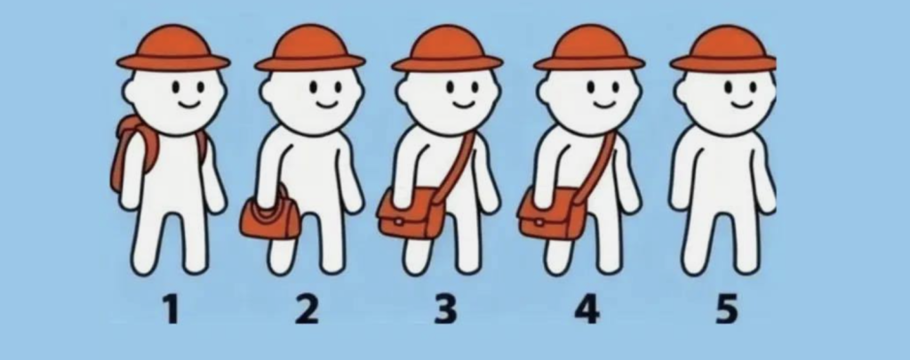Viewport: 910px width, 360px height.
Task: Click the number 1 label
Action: click(x=171, y=309)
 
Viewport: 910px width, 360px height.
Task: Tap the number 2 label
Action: click(x=307, y=309)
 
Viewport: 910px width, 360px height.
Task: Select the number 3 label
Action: click(x=445, y=309)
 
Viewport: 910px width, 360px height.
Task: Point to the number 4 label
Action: click(x=587, y=309)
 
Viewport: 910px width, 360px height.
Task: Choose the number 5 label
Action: click(x=727, y=309)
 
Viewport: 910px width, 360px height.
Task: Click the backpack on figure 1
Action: click(x=135, y=151)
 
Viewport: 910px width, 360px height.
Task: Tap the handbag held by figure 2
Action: click(x=270, y=216)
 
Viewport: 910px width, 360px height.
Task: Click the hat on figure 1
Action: click(x=173, y=49)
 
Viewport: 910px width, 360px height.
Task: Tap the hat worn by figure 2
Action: click(x=310, y=49)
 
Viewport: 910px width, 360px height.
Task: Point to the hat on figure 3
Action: click(x=447, y=49)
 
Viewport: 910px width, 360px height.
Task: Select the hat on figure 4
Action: click(x=589, y=49)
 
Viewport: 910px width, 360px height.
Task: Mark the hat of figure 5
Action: click(x=723, y=49)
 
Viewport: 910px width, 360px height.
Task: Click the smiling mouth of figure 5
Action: click(x=741, y=105)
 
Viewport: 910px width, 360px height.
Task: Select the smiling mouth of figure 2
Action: click(x=326, y=105)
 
